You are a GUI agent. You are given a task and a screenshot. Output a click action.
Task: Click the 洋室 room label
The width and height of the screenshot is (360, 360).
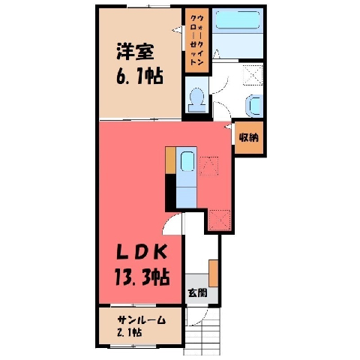coord(135,52)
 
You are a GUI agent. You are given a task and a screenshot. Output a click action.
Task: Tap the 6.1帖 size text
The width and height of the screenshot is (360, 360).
coord(139,76)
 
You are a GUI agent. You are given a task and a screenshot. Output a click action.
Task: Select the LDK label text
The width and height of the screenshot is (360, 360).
coord(142,252)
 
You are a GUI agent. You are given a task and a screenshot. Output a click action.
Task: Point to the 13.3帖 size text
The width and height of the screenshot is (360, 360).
coord(142,277)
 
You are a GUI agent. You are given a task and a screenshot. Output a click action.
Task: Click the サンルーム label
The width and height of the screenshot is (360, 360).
coord(142,320)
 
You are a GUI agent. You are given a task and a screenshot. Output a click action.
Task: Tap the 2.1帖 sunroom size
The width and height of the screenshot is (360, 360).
coord(130,332)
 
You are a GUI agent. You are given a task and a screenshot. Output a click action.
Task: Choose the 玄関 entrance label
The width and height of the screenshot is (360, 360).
coord(198,292)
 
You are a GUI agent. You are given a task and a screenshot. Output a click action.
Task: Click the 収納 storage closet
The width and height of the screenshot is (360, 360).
coord(249,137)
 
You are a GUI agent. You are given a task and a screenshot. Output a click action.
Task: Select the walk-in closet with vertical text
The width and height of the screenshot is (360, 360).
coord(196,40)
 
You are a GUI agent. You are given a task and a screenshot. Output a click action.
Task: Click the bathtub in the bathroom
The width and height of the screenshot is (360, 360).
coord(237,19)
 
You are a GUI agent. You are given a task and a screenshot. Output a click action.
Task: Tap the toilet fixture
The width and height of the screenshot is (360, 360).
coord(197,100)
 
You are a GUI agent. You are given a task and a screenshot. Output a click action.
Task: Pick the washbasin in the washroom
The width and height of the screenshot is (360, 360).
coord(254,106)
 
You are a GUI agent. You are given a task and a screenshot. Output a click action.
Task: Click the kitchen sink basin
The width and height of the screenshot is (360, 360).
coord(187,162)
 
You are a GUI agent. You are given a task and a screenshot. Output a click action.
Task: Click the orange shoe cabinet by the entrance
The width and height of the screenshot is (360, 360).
coord(214,273)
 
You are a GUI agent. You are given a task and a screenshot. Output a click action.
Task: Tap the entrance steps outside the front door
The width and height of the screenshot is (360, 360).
coord(202,331)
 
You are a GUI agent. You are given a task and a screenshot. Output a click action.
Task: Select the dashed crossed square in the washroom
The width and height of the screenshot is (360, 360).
coord(253,75)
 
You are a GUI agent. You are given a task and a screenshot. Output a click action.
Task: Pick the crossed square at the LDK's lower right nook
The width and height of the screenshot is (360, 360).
coord(219,220)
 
